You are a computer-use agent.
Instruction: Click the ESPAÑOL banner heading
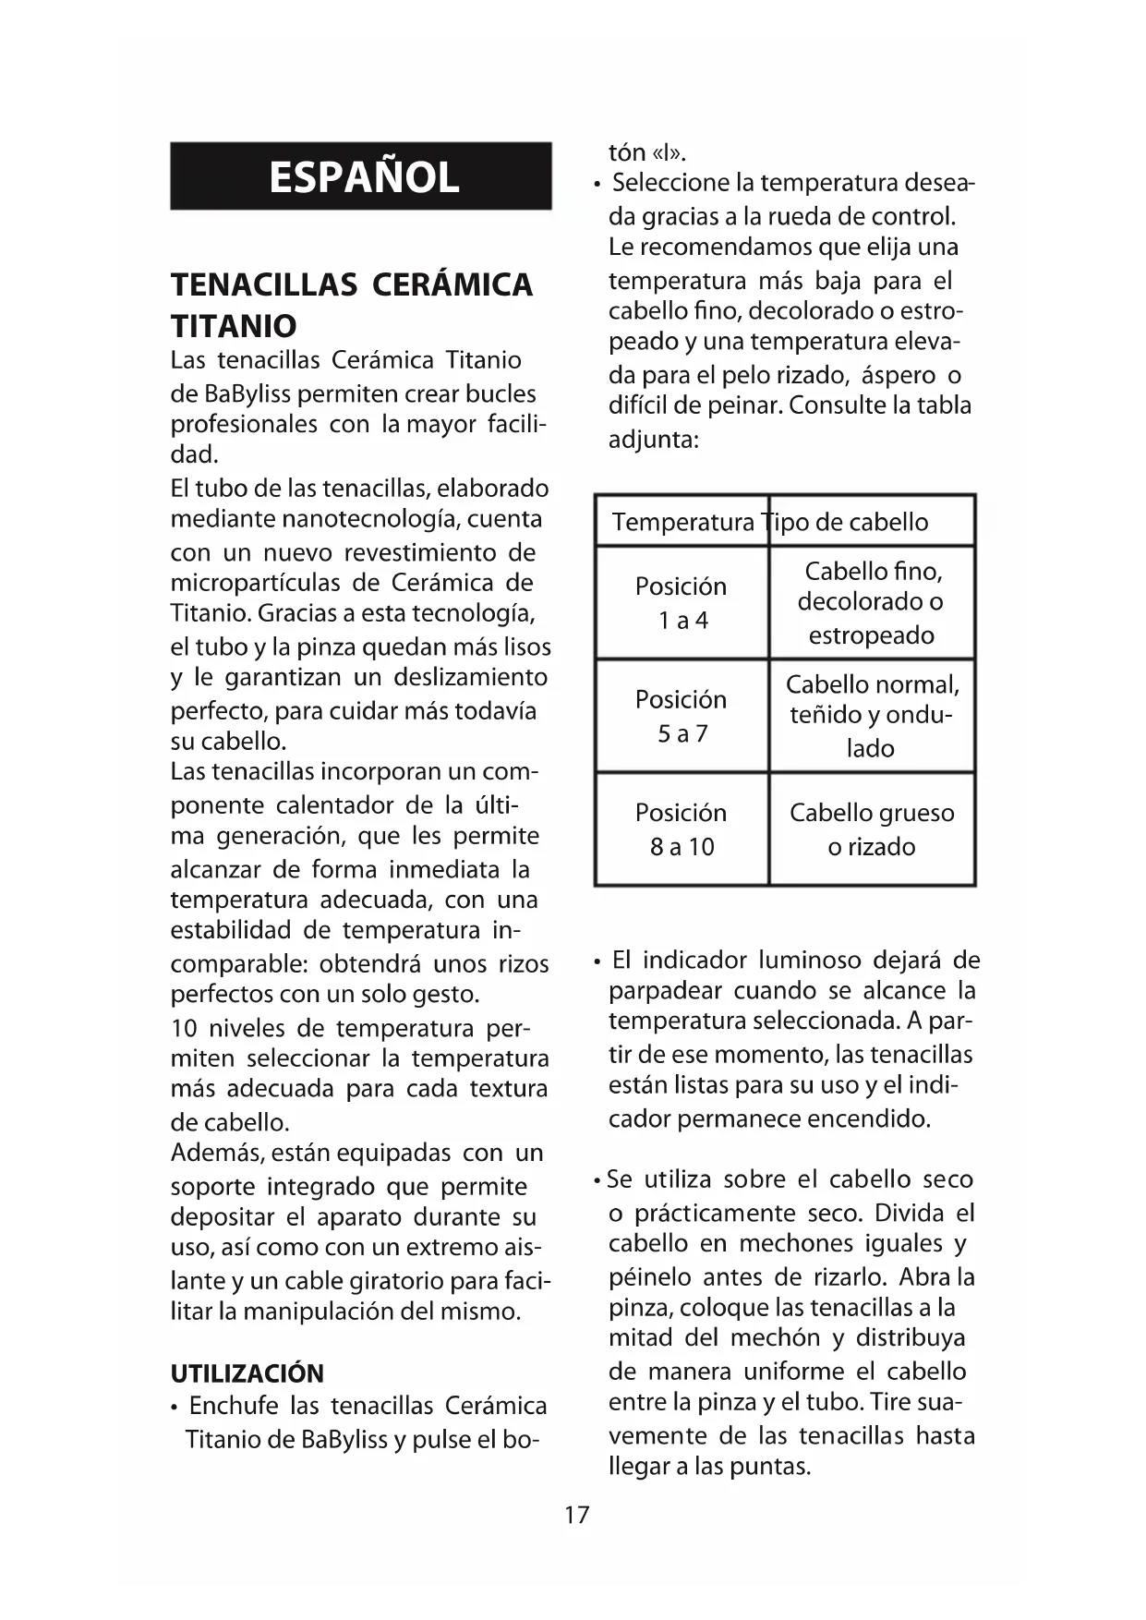[x=362, y=176]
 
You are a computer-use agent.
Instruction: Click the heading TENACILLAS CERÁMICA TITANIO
[x=351, y=305]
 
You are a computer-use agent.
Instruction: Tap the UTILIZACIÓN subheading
[x=247, y=1373]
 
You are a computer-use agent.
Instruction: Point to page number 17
[x=576, y=1515]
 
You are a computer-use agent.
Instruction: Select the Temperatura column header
[x=682, y=522]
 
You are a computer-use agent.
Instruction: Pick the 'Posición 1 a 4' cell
[x=682, y=603]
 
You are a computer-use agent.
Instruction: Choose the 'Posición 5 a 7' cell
[x=682, y=716]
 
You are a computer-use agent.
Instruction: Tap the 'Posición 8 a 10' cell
[x=682, y=829]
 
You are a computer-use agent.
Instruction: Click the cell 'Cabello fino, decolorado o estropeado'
[x=871, y=603]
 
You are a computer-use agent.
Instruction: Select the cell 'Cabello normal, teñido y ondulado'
[x=871, y=716]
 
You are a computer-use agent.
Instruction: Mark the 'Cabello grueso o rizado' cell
[x=871, y=829]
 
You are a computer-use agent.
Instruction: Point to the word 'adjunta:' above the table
[x=653, y=440]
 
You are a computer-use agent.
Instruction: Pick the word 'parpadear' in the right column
[x=664, y=991]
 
